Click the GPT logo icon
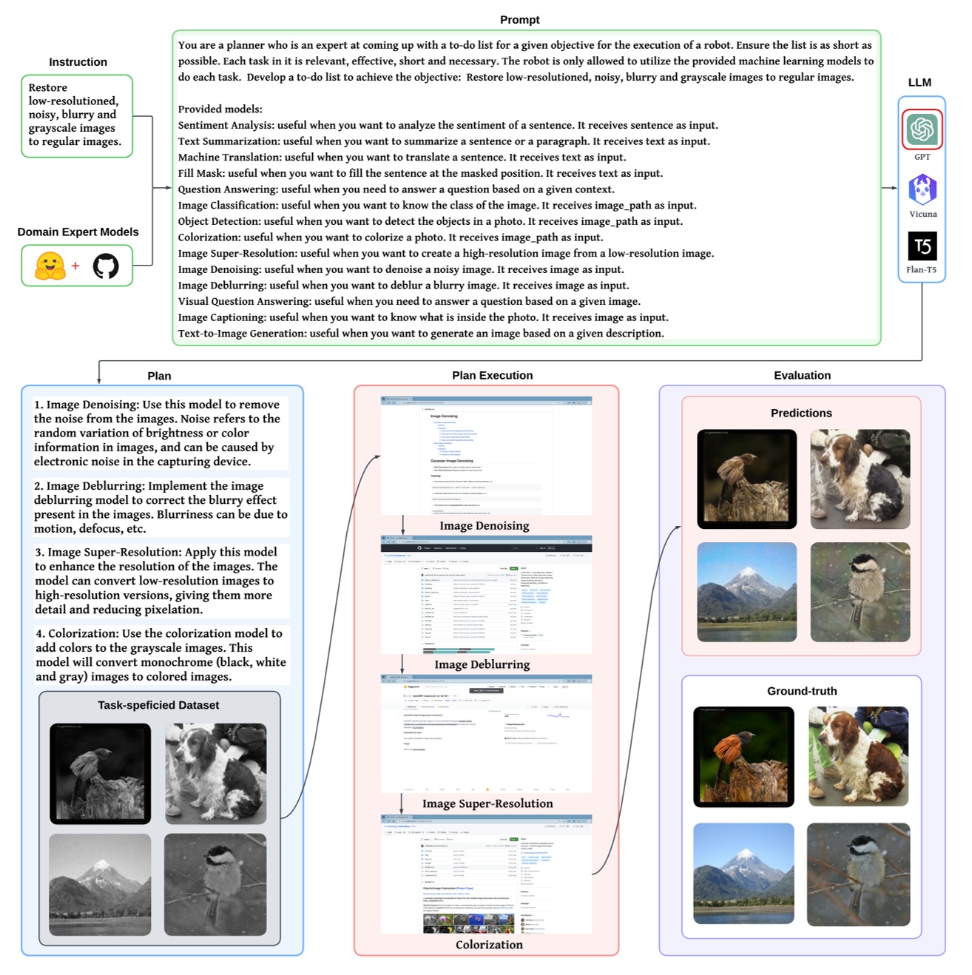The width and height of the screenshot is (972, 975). (922, 129)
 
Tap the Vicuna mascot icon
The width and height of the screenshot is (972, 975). (922, 190)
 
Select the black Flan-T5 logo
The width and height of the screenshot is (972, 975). (922, 246)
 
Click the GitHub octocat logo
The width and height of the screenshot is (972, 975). (106, 266)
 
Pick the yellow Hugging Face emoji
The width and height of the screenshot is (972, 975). (50, 266)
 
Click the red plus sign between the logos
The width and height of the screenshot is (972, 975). (75, 266)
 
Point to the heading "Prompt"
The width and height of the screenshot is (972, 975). (519, 20)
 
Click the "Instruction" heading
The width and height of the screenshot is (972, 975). (78, 62)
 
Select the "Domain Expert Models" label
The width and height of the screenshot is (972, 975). (78, 232)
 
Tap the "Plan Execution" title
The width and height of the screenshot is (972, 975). (492, 376)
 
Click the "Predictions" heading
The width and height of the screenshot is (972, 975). (801, 414)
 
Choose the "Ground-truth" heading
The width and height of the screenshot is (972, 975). (802, 691)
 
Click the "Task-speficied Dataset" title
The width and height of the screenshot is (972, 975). (158, 705)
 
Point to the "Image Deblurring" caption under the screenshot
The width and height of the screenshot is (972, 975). (482, 664)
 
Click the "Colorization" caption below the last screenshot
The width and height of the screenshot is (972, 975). (489, 945)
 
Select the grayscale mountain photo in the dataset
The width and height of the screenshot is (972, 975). (100, 885)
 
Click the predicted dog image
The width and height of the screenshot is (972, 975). (860, 479)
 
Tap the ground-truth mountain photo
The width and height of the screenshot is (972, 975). (743, 873)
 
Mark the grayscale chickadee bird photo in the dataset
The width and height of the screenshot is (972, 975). (215, 885)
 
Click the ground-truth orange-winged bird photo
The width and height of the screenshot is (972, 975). (743, 757)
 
